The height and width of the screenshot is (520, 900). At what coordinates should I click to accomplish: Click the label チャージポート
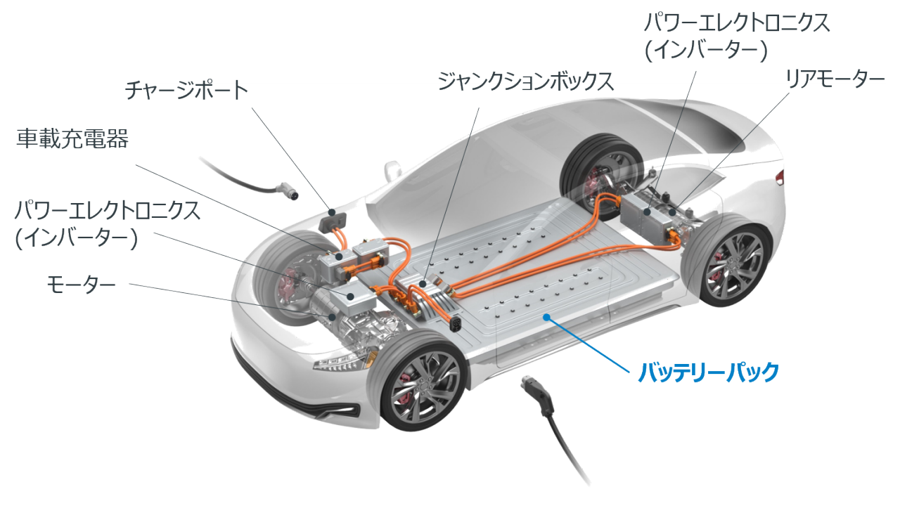pyautogui.click(x=186, y=91)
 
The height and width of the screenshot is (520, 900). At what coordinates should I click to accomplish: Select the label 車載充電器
pyautogui.click(x=73, y=139)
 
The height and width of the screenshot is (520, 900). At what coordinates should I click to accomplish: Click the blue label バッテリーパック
pyautogui.click(x=708, y=371)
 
